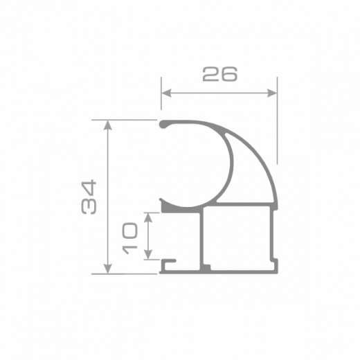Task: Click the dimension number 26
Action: coord(219,74)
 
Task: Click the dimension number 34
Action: coord(89,197)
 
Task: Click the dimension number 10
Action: coord(129,238)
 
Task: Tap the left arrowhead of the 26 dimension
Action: coord(166,93)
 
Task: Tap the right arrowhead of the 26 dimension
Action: coord(272,93)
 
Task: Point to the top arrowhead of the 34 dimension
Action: coord(108,125)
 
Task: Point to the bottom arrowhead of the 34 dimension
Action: coord(108,269)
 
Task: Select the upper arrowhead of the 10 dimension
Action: coord(148,217)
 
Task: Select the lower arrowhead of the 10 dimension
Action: coord(148,255)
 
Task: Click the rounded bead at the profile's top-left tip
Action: coord(163,125)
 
